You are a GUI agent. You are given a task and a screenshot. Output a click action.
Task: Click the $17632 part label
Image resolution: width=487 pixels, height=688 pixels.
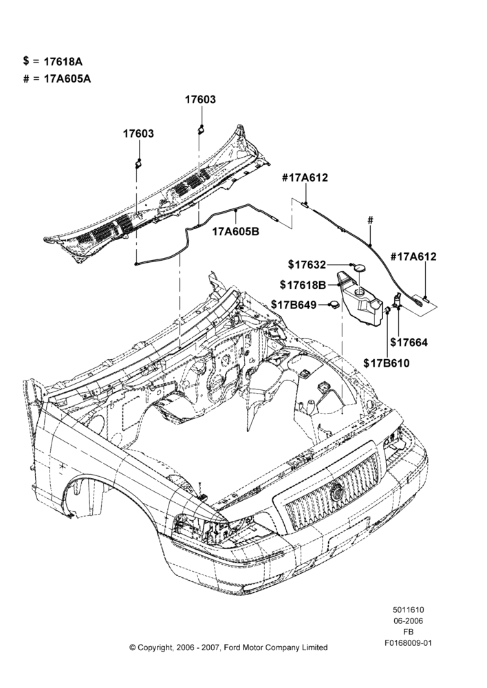(x=307, y=265)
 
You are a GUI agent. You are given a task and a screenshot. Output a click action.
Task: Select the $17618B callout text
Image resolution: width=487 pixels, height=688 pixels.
(x=303, y=286)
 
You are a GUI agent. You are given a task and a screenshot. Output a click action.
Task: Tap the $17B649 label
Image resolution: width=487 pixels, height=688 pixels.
(x=294, y=305)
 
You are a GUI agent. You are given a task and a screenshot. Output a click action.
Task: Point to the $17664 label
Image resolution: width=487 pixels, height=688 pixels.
(x=409, y=342)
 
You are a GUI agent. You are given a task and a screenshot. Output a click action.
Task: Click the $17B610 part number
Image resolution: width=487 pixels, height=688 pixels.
(x=387, y=363)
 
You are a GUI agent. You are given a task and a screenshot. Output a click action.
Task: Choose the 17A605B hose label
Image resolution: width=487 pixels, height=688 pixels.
(x=236, y=231)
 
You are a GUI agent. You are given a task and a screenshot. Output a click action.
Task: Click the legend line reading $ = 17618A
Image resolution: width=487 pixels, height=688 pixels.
(x=53, y=61)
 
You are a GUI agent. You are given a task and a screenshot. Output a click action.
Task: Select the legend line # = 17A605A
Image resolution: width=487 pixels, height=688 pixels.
(x=57, y=79)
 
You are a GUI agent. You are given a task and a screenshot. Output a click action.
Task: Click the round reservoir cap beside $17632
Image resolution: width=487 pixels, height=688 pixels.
(x=360, y=268)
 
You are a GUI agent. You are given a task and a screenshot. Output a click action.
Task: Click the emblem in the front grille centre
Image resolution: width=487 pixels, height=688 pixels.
(x=337, y=493)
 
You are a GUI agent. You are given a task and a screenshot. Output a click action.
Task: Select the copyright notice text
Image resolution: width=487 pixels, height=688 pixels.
(x=228, y=647)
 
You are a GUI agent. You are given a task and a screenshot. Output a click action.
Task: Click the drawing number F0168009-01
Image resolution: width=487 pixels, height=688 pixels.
(x=409, y=643)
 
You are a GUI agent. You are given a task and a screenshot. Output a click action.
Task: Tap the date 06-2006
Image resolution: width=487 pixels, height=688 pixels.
(x=409, y=621)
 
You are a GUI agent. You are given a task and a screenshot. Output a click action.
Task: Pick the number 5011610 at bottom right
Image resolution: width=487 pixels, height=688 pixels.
(x=409, y=610)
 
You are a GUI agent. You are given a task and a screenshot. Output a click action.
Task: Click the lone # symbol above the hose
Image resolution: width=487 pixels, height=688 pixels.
(x=370, y=220)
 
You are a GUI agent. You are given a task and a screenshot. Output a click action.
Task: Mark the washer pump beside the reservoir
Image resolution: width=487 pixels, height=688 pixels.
(x=397, y=302)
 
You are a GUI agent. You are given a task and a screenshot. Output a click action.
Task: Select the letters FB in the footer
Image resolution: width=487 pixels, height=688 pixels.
(x=409, y=632)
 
